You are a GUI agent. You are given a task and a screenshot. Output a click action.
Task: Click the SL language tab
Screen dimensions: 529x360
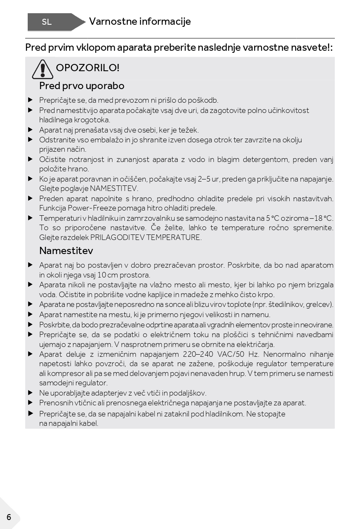(x=47, y=22)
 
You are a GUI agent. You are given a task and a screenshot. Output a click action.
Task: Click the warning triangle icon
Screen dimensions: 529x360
(x=43, y=69)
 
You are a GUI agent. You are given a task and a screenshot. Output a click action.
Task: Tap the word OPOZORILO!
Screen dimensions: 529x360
(x=88, y=68)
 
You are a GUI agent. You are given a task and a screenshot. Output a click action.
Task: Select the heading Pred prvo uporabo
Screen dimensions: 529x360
(x=82, y=86)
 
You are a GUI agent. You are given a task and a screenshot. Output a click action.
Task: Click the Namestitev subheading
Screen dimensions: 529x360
(x=66, y=250)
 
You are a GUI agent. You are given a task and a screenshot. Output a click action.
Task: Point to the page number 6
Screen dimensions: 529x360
(x=9, y=518)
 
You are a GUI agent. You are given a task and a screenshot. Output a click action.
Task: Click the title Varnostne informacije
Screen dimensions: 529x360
(x=140, y=21)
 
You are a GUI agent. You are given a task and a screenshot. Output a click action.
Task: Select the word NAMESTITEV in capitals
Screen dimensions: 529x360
(x=114, y=188)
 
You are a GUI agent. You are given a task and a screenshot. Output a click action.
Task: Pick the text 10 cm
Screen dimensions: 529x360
(x=107, y=275)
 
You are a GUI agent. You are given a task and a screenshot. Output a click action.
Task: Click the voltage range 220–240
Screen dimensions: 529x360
(x=198, y=354)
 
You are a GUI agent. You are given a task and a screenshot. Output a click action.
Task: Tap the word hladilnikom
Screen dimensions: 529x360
(x=222, y=414)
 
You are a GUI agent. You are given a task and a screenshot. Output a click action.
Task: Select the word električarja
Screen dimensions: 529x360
(x=253, y=344)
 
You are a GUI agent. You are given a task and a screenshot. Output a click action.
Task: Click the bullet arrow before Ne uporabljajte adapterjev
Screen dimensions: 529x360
(x=30, y=393)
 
